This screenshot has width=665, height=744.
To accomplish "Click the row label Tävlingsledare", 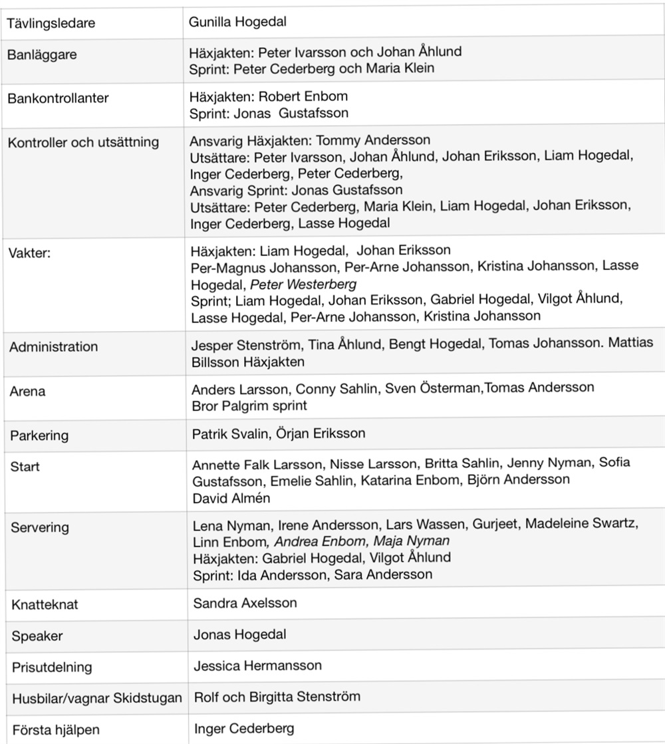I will pos(51,23).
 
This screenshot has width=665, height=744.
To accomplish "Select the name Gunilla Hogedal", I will pos(237,22).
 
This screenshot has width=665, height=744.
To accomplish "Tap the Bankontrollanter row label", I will pos(58,98).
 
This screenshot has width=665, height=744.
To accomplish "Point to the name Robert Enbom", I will pos(294,96).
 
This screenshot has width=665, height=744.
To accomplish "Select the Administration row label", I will pos(53,346).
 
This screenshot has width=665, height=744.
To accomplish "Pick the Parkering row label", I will pos(39,436).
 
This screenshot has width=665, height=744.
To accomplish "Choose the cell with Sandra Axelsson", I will pos(245,603).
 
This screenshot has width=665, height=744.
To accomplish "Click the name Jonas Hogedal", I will pos(239,634).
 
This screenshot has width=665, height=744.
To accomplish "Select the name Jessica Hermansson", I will pos(257,665).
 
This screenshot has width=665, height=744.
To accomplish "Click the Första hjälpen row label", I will pos(55,729).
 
